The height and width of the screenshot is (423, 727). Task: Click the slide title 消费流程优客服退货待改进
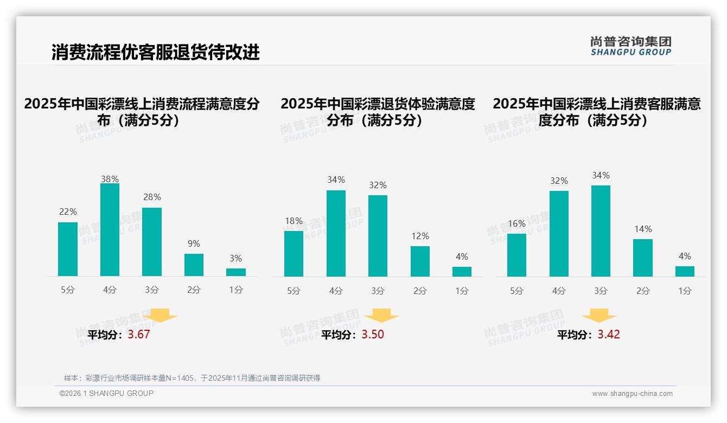point(156,52)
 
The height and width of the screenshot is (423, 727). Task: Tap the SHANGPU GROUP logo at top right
point(630,46)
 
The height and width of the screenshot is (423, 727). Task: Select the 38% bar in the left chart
point(110,230)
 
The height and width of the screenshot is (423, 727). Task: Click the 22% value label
point(68,211)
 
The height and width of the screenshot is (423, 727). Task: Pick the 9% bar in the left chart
point(194,265)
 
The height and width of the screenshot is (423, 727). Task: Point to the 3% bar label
point(235,258)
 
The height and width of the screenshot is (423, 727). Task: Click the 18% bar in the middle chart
point(294,253)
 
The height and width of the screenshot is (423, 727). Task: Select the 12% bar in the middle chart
point(420,261)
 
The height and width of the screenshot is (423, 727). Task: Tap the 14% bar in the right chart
point(643,258)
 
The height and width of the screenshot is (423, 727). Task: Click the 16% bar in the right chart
point(516,255)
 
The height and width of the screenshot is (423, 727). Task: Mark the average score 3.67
point(139,335)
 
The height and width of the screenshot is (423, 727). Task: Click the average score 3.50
point(373,335)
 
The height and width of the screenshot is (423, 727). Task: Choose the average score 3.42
point(609,335)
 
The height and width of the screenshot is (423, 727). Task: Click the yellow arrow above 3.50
point(381,316)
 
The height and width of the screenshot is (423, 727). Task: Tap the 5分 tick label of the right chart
point(516,291)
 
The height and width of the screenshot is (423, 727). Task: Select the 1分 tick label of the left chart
point(235,290)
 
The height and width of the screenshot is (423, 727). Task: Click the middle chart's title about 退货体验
point(378,111)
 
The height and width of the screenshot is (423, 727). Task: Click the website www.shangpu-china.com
point(632,394)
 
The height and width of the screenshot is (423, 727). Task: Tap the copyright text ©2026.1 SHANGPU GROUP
point(106,393)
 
